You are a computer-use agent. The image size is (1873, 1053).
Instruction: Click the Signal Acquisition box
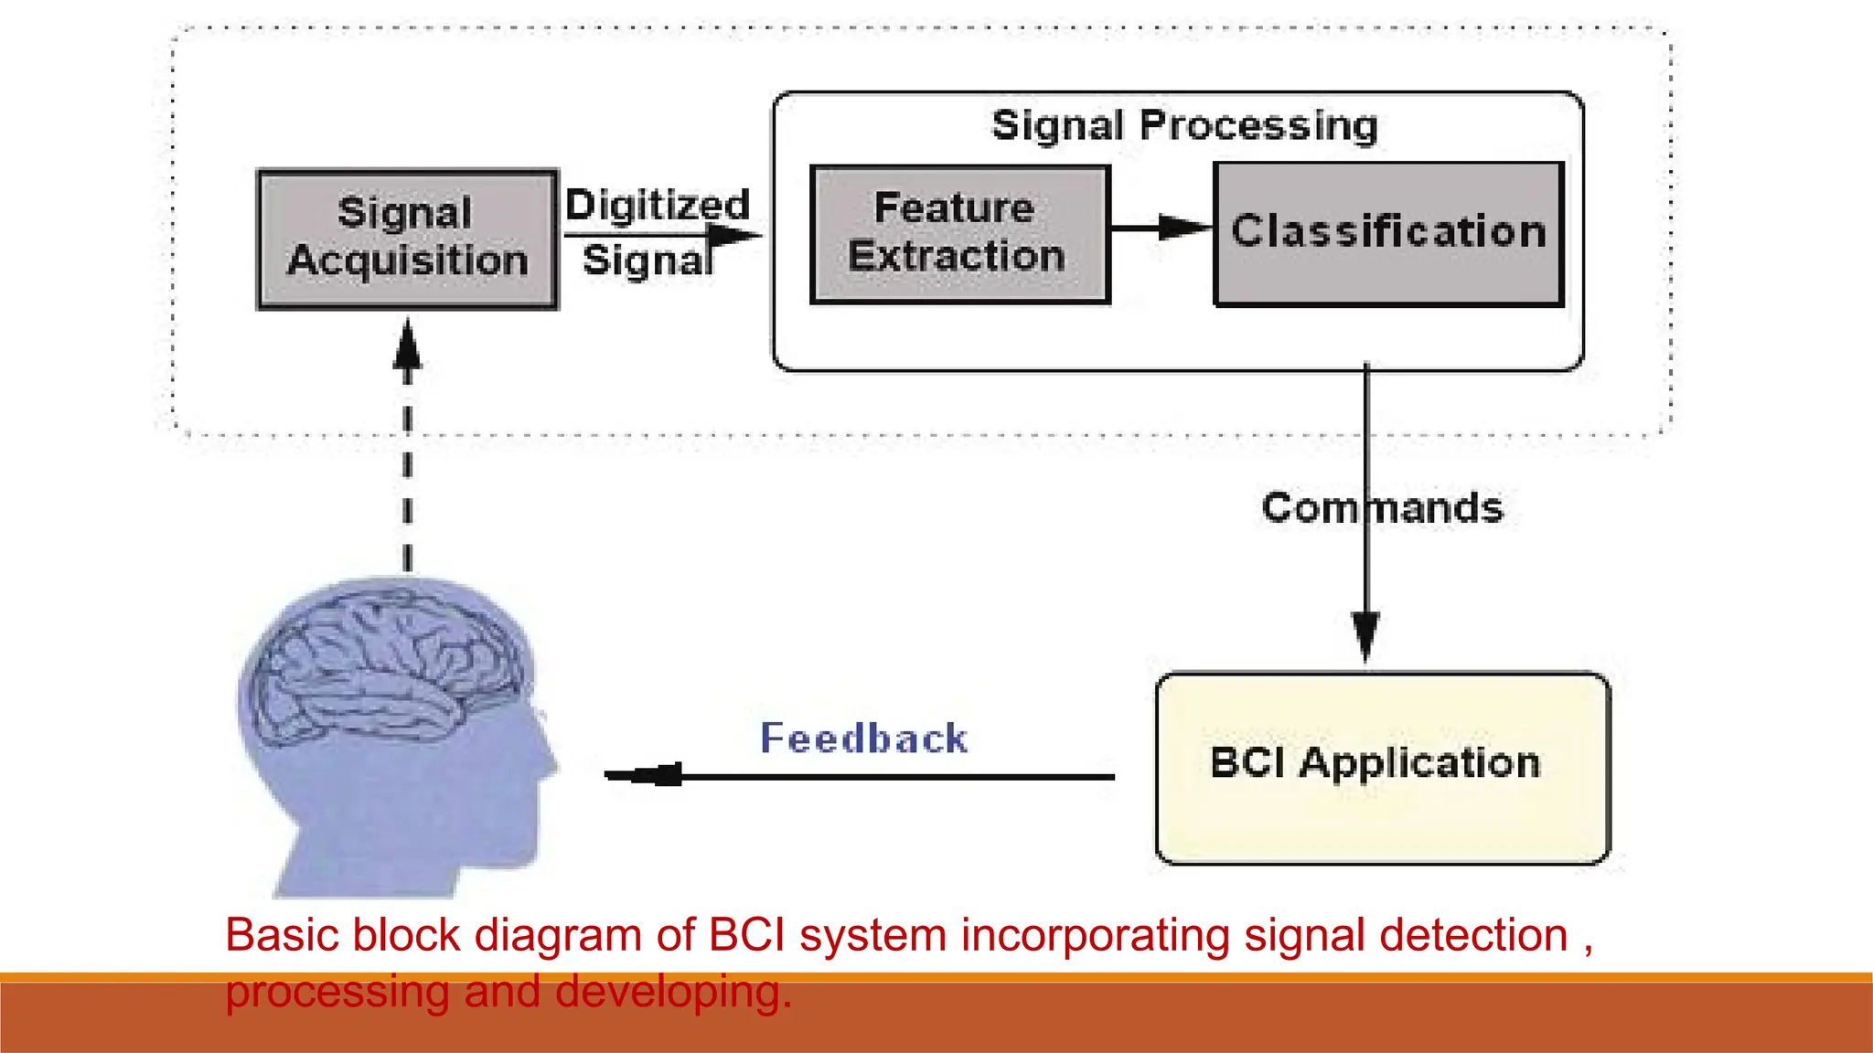[x=408, y=239]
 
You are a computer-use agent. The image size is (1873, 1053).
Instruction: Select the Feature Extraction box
[x=959, y=234]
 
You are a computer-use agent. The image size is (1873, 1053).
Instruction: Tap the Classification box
[x=1388, y=234]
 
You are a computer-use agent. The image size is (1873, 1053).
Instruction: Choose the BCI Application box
[x=1382, y=768]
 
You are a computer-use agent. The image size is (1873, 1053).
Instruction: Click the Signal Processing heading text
[x=1184, y=125]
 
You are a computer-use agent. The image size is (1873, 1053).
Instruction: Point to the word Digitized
[x=657, y=206]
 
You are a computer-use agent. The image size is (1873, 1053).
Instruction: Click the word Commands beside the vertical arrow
[x=1382, y=508]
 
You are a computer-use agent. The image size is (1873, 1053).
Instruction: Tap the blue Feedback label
[x=863, y=739]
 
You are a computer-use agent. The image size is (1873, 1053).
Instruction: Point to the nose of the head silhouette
[x=552, y=761]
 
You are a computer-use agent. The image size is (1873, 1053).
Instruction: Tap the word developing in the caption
[x=672, y=993]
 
